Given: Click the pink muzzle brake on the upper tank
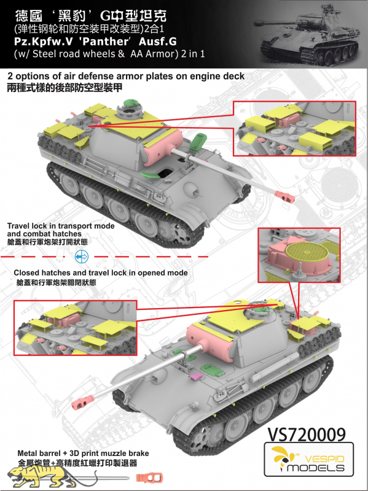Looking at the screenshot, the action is pyautogui.click(x=284, y=196).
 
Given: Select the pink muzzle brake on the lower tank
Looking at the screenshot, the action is pyautogui.click(x=82, y=402).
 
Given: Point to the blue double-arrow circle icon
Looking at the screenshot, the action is pyautogui.click(x=82, y=257).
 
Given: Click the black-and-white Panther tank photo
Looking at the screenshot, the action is pyautogui.click(x=309, y=34).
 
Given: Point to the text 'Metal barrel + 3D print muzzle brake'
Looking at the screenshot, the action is pyautogui.click(x=83, y=453).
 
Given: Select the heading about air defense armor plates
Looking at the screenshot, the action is pyautogui.click(x=126, y=76).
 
